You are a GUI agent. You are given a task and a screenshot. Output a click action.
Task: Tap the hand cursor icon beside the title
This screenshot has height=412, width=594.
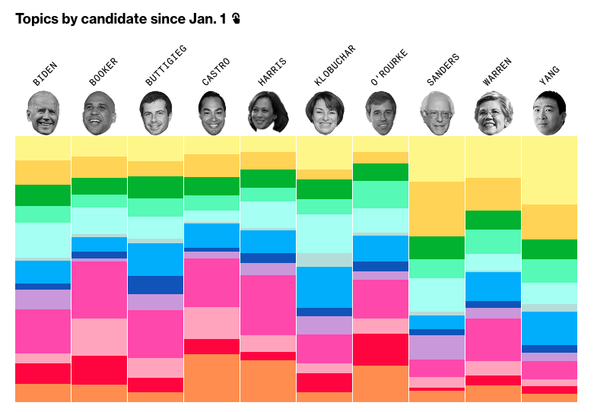tap(237, 18)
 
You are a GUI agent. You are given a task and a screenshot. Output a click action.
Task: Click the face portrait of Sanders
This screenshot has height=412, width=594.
tap(437, 115)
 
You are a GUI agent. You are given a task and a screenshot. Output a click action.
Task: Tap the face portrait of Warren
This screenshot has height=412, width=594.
tap(493, 114)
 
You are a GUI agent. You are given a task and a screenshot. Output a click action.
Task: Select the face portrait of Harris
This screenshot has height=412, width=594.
tap(268, 113)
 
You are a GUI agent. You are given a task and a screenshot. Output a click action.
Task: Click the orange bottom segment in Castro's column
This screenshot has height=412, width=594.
tap(211, 378)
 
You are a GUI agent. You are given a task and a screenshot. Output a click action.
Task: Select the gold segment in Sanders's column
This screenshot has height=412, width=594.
tap(437, 208)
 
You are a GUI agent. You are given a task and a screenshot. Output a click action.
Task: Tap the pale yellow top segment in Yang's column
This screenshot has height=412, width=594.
tap(549, 171)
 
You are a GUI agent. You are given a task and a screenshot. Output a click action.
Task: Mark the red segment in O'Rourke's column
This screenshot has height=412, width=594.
tap(380, 350)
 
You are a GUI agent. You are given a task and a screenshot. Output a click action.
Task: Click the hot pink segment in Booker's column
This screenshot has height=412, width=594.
tap(99, 290)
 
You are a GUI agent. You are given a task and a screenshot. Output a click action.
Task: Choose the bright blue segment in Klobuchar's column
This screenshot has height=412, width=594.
tap(324, 287)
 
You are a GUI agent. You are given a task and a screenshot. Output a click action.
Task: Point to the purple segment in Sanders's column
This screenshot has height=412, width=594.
tap(437, 347)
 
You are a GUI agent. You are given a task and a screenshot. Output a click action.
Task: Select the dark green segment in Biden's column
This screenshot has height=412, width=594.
tap(43, 195)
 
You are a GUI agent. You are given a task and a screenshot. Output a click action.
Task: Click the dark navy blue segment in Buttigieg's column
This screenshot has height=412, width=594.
tap(155, 285)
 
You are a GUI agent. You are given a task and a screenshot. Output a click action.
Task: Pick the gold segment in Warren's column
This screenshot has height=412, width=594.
tap(493, 194)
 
